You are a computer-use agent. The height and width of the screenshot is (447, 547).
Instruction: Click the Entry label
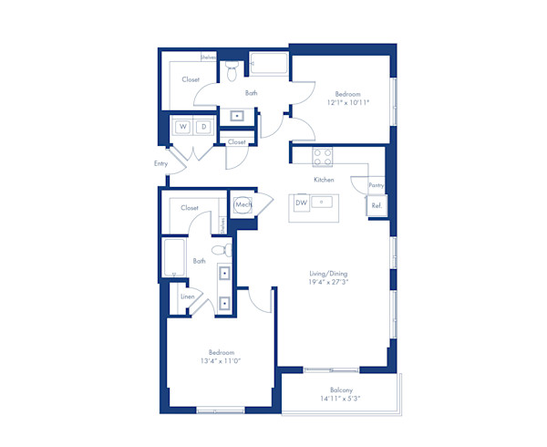pos(161,163)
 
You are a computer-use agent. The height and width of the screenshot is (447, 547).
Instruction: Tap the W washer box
pos(182,126)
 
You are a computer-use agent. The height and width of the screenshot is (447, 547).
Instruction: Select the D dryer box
pos(203,126)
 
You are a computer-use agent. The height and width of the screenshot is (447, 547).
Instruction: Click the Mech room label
pos(243,205)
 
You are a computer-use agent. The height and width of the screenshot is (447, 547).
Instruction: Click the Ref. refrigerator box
pos(376,206)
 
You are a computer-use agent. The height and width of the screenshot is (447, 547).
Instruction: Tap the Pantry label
pos(376,185)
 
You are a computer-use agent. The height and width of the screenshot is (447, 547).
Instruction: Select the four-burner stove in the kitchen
pos(323,156)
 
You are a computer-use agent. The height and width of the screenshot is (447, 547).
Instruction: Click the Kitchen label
pos(324,180)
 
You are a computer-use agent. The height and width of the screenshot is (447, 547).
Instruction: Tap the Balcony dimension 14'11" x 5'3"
pos(340,398)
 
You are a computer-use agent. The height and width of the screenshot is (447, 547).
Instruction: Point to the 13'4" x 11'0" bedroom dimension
pos(222,361)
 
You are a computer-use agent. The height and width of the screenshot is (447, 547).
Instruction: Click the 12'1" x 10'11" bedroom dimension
pos(348,103)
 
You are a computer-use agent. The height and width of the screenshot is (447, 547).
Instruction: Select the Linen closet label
pos(187,297)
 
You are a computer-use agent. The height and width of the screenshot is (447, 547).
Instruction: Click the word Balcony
pos(340,389)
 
